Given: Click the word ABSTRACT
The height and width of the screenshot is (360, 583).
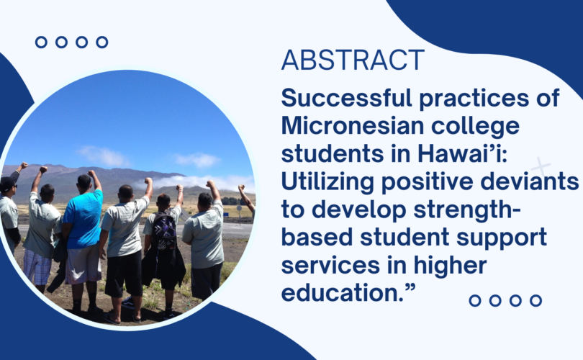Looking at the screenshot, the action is click(x=353, y=60).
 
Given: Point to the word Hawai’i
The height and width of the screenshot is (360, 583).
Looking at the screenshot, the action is click(x=462, y=153).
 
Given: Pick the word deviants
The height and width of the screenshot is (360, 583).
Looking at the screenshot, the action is click(x=529, y=182).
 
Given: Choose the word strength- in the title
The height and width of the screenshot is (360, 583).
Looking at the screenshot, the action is click(x=467, y=210).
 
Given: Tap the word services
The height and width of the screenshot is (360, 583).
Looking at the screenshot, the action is click(x=330, y=266).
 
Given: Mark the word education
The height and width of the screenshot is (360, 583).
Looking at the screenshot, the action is click(x=341, y=293).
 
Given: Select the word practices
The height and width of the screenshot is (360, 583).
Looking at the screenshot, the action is click(x=474, y=99).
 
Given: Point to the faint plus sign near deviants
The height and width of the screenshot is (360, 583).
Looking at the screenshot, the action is click(x=541, y=167).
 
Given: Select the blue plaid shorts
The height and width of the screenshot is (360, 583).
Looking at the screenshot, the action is click(x=37, y=266).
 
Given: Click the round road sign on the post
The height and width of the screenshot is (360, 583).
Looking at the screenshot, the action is click(x=239, y=209).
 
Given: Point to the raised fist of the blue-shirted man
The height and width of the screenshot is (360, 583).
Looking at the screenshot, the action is click(x=91, y=174).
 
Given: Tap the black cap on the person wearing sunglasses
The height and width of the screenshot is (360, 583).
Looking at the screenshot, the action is click(x=7, y=183).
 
